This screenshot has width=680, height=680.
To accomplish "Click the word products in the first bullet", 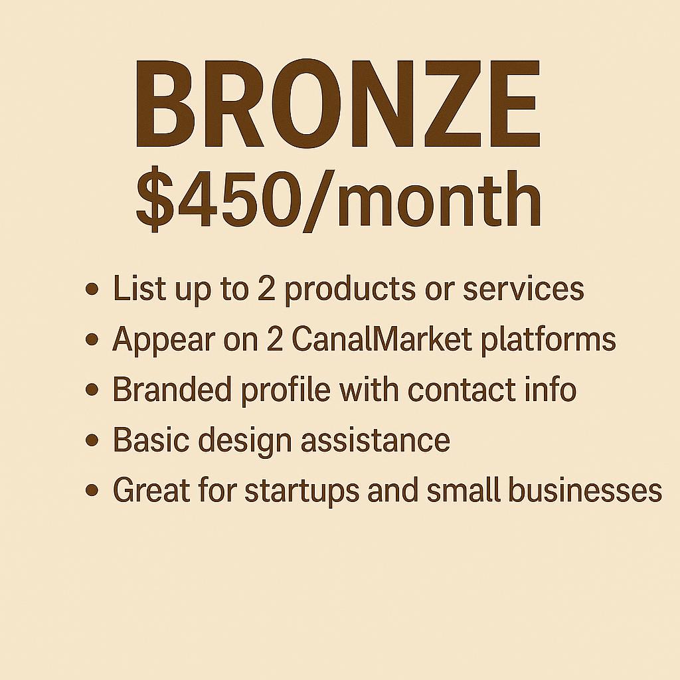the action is pos(349,290).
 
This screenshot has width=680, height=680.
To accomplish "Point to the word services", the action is pos(523,290).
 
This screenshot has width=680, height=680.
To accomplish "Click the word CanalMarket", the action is pos(381,339).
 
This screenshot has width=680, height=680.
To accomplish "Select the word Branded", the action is pos(172,389).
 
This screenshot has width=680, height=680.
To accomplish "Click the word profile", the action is pos(286,390).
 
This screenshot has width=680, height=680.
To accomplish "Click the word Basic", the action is pos(151,440).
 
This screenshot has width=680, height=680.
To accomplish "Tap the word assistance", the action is pos(376,440).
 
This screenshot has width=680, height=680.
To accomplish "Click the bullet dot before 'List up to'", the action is pos(92,290).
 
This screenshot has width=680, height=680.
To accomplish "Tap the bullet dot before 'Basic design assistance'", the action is pos(92,440).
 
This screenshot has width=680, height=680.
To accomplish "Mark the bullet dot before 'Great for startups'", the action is pos(92,491).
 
